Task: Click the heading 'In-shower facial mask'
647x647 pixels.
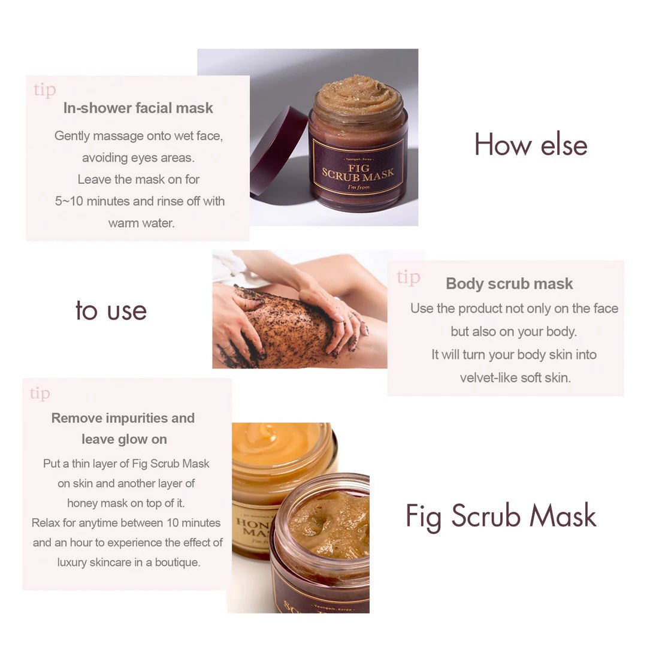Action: (x=138, y=108)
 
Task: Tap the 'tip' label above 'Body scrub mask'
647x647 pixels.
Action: (x=408, y=277)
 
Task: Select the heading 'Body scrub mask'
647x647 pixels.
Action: (x=509, y=284)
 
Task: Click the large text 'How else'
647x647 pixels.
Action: (x=531, y=145)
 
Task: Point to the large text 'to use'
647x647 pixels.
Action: (x=111, y=310)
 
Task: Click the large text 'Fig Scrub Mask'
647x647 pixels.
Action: (x=501, y=516)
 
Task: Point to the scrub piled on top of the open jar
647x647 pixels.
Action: (x=358, y=95)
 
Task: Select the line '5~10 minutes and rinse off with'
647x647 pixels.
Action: (x=140, y=201)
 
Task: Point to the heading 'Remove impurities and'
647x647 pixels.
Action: (x=123, y=418)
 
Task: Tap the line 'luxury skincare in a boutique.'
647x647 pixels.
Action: (x=129, y=562)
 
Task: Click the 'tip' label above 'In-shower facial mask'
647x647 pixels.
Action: (x=45, y=90)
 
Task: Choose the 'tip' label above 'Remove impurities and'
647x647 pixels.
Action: (x=40, y=394)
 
